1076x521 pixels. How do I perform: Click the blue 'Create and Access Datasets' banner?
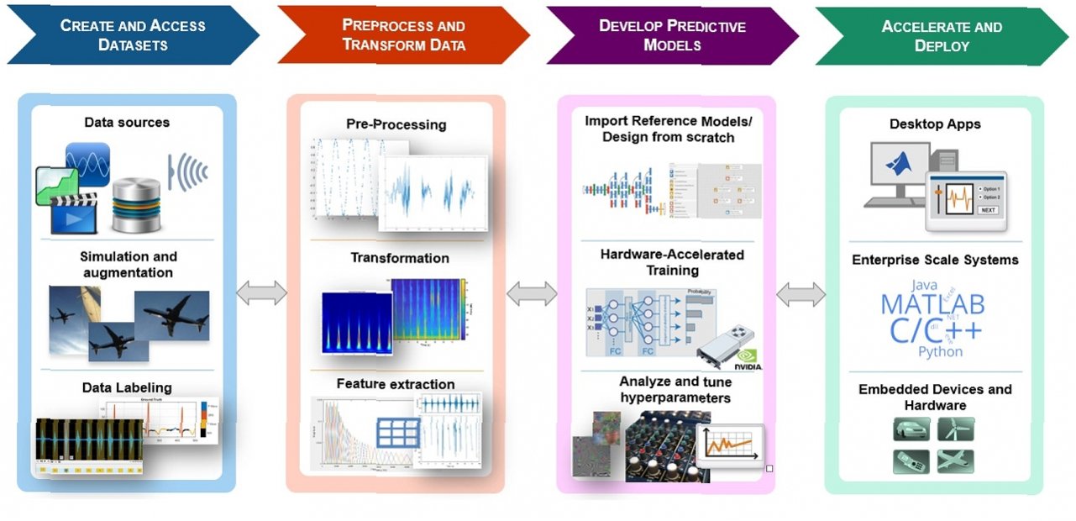pyautogui.click(x=133, y=35)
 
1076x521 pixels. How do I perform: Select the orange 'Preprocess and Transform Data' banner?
pyautogui.click(x=403, y=35)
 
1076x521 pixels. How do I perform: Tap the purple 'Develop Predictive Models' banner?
pyautogui.click(x=672, y=35)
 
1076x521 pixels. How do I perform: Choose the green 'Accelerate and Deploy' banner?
pyautogui.click(x=941, y=35)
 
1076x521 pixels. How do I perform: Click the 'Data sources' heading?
pyautogui.click(x=127, y=123)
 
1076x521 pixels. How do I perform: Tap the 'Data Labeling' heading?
pyautogui.click(x=127, y=387)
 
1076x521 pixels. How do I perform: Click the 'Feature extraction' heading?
pyautogui.click(x=396, y=384)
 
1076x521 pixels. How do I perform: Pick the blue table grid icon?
pyautogui.click(x=398, y=433)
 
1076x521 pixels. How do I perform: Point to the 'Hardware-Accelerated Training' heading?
pyautogui.click(x=672, y=262)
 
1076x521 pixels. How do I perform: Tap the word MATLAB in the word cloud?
pyautogui.click(x=932, y=303)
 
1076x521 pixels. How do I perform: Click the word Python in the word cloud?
pyautogui.click(x=940, y=351)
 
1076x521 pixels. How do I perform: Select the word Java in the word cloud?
pyautogui.click(x=923, y=285)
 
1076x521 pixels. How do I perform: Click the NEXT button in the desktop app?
pyautogui.click(x=987, y=210)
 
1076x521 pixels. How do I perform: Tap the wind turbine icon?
pyautogui.click(x=956, y=430)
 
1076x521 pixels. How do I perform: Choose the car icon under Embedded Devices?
pyautogui.click(x=911, y=430)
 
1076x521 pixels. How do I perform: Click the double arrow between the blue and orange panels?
pyautogui.click(x=261, y=293)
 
